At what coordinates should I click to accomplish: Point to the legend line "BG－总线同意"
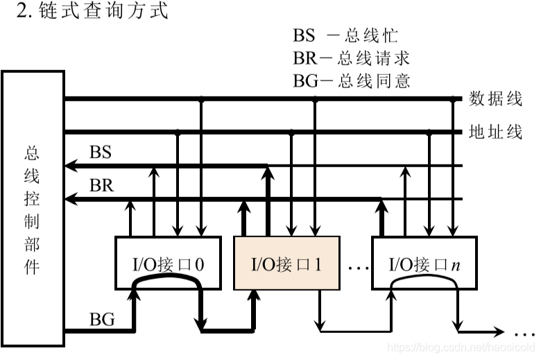(351, 81)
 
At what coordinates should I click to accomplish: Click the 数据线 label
(496, 99)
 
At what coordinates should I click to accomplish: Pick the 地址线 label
(496, 132)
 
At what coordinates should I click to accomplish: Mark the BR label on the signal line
(101, 186)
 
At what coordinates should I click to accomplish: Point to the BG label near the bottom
(102, 320)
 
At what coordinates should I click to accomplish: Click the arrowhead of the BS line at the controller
(70, 166)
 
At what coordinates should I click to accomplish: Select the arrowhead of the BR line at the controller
(70, 199)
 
